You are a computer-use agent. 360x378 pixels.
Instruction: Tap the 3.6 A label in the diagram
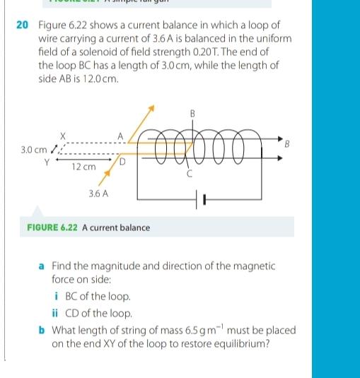coord(98,192)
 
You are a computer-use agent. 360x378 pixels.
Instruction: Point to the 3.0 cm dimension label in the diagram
coord(33,150)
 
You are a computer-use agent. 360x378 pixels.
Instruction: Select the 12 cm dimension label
coord(83,167)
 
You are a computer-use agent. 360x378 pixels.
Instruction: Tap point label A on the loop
coord(121,136)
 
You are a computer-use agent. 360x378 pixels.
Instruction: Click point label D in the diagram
coord(122,163)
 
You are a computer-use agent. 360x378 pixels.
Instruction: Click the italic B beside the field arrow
coord(287,144)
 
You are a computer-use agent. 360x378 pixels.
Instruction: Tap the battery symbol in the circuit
coord(199,201)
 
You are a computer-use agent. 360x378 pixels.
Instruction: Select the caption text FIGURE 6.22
coord(53,228)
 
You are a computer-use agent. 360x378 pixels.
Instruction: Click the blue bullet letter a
coord(42,266)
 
